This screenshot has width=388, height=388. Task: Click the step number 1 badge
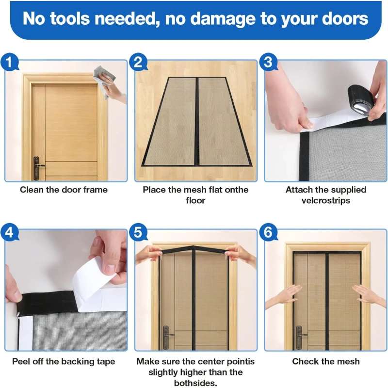point(9,62)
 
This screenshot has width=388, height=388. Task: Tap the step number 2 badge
point(138,62)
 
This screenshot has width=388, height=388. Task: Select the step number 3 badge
point(269,62)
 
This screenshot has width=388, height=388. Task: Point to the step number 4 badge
point(9,232)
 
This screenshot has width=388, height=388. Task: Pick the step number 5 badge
point(138,232)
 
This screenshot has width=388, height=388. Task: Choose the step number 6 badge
point(269,232)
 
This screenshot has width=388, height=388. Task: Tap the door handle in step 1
point(38,167)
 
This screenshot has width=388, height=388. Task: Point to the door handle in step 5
point(167,337)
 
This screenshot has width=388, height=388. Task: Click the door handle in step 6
point(300,337)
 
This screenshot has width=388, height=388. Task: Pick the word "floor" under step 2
point(195,200)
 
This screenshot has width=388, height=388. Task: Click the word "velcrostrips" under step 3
point(325,200)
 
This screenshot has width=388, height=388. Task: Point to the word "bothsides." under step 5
point(195,383)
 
